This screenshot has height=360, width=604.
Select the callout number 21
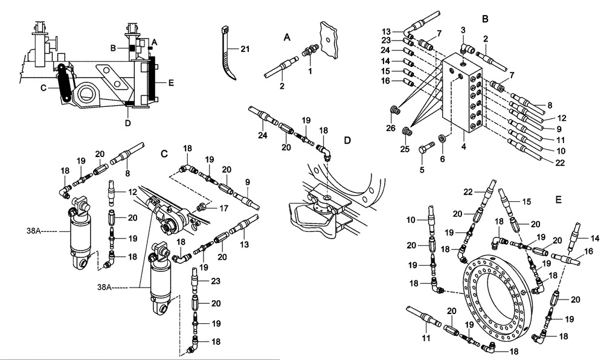pos(245,48)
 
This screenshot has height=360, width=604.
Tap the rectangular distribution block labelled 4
pos(463,94)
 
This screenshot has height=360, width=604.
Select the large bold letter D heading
pos(347,141)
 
